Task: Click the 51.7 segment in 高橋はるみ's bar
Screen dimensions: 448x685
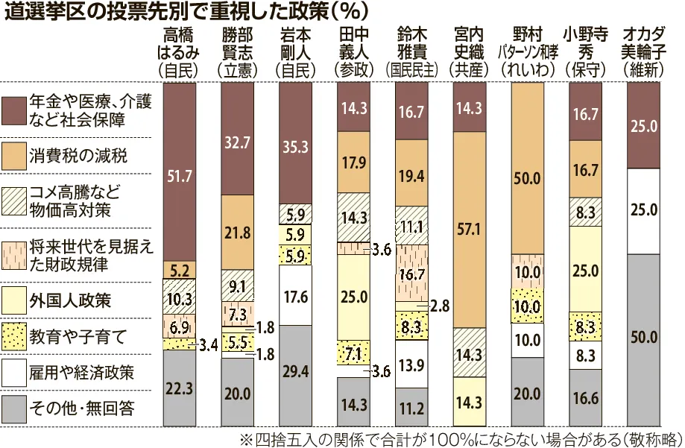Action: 180,175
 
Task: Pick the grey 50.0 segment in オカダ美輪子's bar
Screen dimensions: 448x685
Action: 643,338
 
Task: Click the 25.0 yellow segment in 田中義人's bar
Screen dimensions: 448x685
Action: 353,297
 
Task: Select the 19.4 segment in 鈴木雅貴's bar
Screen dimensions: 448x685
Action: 411,175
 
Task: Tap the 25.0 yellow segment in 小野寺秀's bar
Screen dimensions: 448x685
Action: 586,268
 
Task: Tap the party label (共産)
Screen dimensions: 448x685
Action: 468,69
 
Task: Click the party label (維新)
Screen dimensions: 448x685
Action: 643,69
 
